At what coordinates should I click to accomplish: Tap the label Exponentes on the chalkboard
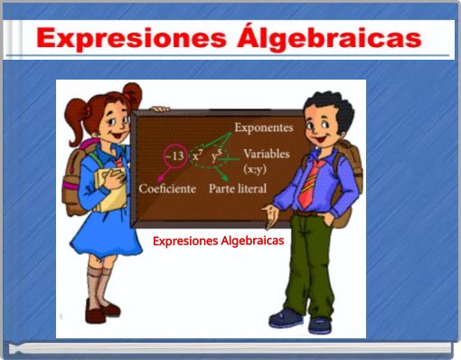[263, 128]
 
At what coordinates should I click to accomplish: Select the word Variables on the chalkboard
[266, 154]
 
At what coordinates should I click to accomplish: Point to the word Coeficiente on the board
[167, 188]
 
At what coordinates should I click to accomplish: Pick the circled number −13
[174, 156]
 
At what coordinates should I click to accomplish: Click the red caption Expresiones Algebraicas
[218, 241]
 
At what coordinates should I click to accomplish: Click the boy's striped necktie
[308, 182]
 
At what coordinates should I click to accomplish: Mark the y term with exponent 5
[218, 156]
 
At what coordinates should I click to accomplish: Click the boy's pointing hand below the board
[268, 213]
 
